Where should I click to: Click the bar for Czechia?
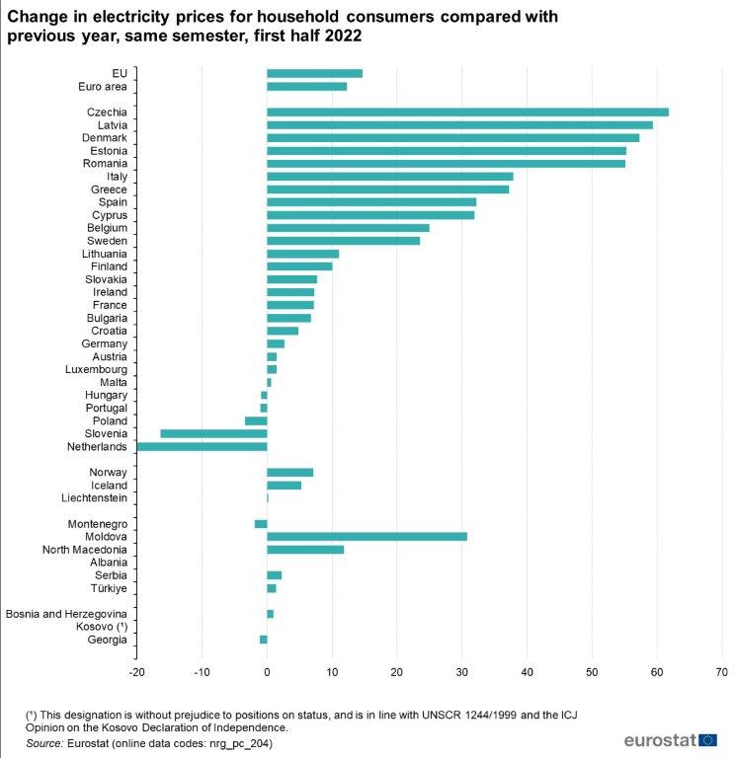coord(467,112)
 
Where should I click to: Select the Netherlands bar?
coord(202,446)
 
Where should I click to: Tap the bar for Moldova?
coord(367,536)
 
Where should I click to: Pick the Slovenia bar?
coord(213,433)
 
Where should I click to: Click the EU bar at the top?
coord(314,73)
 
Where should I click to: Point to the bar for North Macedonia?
coord(305,549)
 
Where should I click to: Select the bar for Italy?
coord(389,176)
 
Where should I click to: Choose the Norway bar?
coord(289,472)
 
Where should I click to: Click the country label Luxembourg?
coord(97,369)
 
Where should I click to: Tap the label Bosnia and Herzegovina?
coord(66,614)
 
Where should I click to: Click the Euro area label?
coord(102,86)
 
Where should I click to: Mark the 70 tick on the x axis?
coord(721,671)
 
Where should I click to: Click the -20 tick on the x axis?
coord(136,671)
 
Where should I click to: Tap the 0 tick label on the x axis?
coord(267,671)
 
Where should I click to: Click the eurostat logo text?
coord(659,739)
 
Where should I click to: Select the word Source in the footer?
coord(44,742)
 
